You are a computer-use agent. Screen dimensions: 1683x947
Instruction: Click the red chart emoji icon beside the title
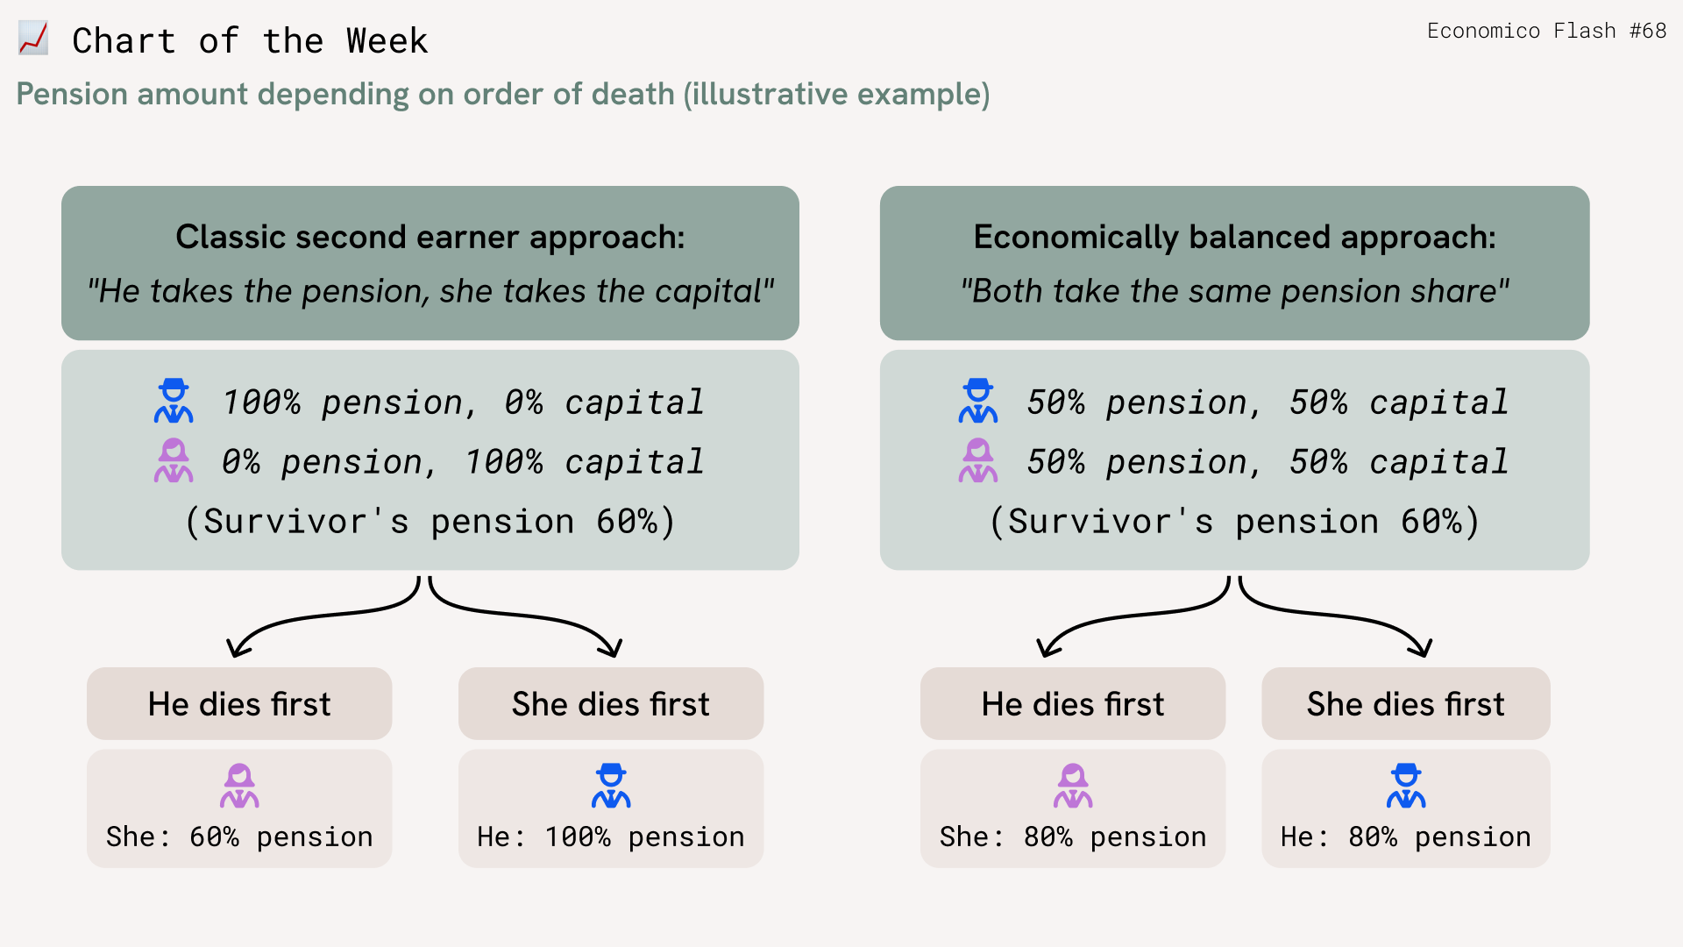[x=33, y=39]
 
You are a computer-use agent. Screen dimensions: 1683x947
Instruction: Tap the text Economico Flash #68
[x=1546, y=31]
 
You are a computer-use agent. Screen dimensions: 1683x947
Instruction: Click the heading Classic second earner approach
[x=430, y=237]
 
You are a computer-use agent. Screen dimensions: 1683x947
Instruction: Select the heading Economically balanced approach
[x=1234, y=237]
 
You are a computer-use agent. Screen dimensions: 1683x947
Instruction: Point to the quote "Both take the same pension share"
[x=1234, y=291]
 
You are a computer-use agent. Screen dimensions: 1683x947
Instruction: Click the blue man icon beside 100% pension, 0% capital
[x=174, y=401]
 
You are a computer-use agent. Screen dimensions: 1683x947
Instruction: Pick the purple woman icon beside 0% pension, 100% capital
[x=174, y=460]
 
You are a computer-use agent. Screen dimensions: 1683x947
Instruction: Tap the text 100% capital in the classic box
[x=585, y=461]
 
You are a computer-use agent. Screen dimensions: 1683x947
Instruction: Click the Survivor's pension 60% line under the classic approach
[x=430, y=522]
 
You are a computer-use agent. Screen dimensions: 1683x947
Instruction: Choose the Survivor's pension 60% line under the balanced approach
[x=1234, y=522]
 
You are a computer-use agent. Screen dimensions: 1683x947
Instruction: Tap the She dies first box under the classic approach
[x=611, y=703]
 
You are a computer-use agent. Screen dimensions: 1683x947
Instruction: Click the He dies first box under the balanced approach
[x=1073, y=703]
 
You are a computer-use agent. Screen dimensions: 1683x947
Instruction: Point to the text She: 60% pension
[x=239, y=837]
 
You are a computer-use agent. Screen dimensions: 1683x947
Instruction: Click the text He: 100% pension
[x=611, y=837]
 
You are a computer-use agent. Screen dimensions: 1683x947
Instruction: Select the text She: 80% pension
[x=1073, y=837]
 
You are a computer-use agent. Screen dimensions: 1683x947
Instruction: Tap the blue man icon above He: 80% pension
[x=1406, y=786]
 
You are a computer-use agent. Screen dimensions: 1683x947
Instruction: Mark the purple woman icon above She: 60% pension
[x=239, y=786]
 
